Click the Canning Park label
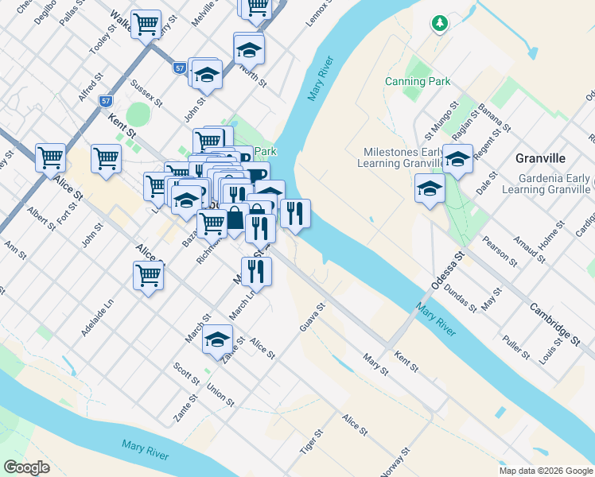(x=418, y=81)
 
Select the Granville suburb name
(x=540, y=158)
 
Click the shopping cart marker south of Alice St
(x=149, y=275)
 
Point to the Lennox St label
(x=320, y=16)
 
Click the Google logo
(x=26, y=467)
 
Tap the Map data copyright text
(x=546, y=471)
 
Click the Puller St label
(x=516, y=347)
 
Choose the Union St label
(x=220, y=394)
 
